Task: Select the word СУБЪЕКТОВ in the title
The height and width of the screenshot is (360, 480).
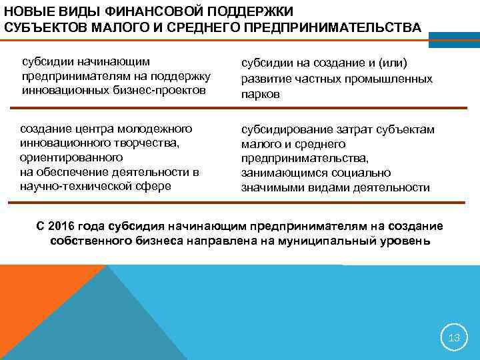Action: [40, 28]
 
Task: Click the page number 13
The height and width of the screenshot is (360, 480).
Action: [454, 337]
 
